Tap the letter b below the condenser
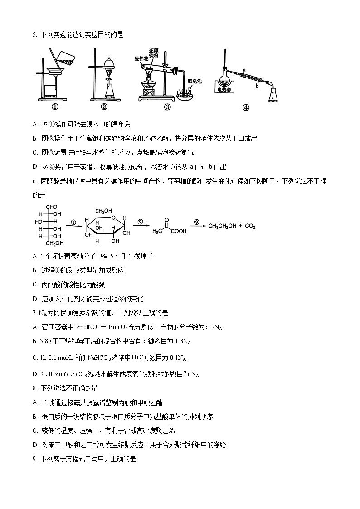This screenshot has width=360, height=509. [x=257, y=85]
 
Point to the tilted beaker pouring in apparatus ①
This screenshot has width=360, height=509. [x=62, y=57]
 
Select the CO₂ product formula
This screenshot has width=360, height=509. [x=251, y=226]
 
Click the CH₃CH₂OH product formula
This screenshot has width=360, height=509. [x=221, y=226]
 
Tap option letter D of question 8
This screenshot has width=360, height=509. [x=35, y=445]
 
